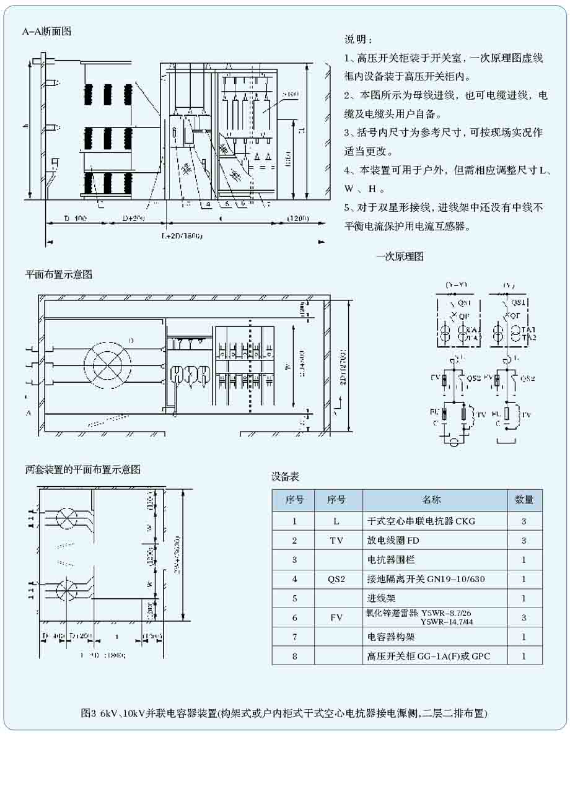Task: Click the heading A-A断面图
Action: pyautogui.click(x=47, y=31)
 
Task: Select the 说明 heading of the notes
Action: pyautogui.click(x=358, y=40)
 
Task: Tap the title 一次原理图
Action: pyautogui.click(x=400, y=256)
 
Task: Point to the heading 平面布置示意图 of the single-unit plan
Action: pyautogui.click(x=58, y=274)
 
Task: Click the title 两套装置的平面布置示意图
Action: pyautogui.click(x=82, y=469)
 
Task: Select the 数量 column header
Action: pyautogui.click(x=524, y=500)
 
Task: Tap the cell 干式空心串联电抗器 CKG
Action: pyautogui.click(x=421, y=521)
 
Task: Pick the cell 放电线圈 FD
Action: pyautogui.click(x=393, y=541)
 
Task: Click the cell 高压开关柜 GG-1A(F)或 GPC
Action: pyautogui.click(x=429, y=656)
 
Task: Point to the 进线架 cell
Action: pyautogui.click(x=381, y=598)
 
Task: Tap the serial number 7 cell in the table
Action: pyautogui.click(x=294, y=637)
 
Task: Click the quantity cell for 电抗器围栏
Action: pyautogui.click(x=524, y=560)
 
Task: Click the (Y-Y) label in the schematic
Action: pyautogui.click(x=456, y=286)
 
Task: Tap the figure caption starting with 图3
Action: pyautogui.click(x=284, y=713)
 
